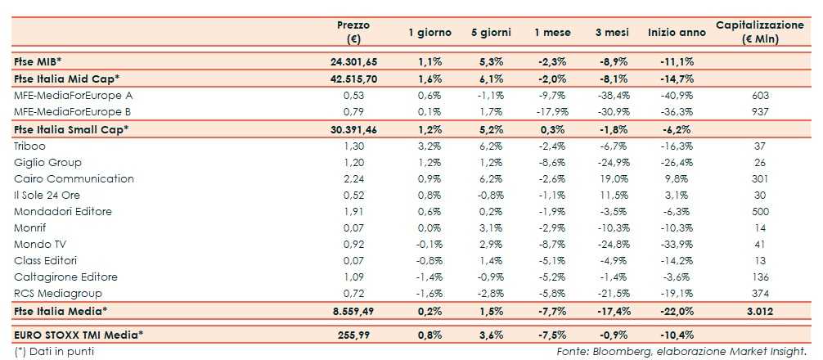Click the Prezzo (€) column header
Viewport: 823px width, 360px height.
click(353, 32)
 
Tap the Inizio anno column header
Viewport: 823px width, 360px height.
click(677, 33)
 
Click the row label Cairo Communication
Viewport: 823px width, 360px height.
click(62, 178)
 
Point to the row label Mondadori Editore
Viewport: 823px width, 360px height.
click(62, 211)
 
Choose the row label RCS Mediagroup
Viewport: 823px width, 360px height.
click(56, 293)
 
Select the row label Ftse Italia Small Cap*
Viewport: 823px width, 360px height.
click(72, 129)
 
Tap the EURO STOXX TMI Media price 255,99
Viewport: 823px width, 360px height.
click(354, 334)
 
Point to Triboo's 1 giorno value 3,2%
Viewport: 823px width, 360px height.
click(429, 146)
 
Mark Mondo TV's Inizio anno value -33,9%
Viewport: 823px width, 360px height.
click(677, 244)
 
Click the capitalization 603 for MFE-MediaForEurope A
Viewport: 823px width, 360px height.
click(759, 95)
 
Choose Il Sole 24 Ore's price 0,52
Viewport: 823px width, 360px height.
click(354, 195)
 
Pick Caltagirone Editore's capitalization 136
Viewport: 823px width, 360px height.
click(759, 277)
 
